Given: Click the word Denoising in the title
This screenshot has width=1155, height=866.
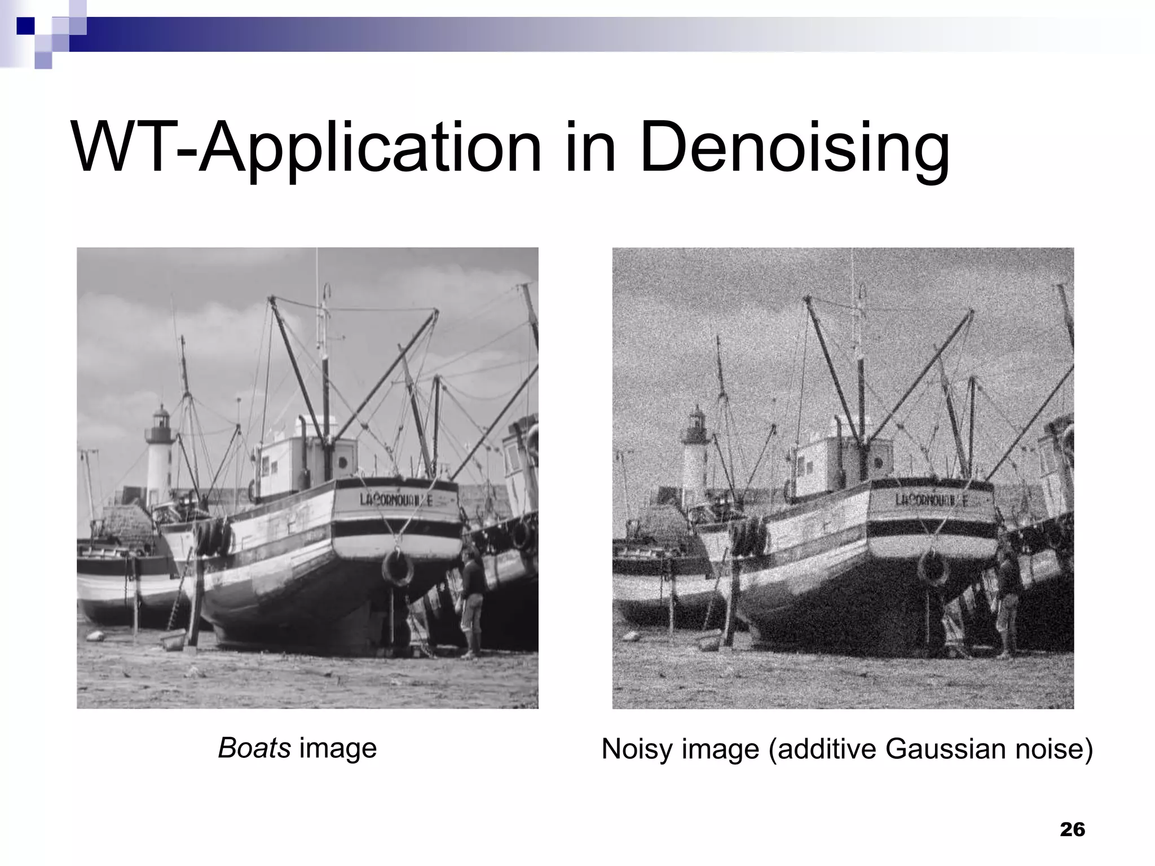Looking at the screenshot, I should (794, 148).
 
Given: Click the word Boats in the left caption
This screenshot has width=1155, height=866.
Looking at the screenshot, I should (254, 749).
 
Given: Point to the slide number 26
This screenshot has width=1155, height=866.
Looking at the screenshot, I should (1072, 829).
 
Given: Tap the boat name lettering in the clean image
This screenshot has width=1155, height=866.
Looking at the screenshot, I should (396, 500).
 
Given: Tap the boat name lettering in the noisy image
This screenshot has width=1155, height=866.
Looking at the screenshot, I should (932, 500).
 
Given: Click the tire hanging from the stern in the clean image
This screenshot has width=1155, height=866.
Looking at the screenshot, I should (398, 568).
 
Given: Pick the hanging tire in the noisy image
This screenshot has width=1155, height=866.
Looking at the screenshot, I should (933, 568).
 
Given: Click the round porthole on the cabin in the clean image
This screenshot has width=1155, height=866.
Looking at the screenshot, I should (342, 462).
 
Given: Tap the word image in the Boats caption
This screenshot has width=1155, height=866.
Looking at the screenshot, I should (337, 749).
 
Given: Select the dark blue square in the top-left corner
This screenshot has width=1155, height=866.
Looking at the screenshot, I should (25, 26).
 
